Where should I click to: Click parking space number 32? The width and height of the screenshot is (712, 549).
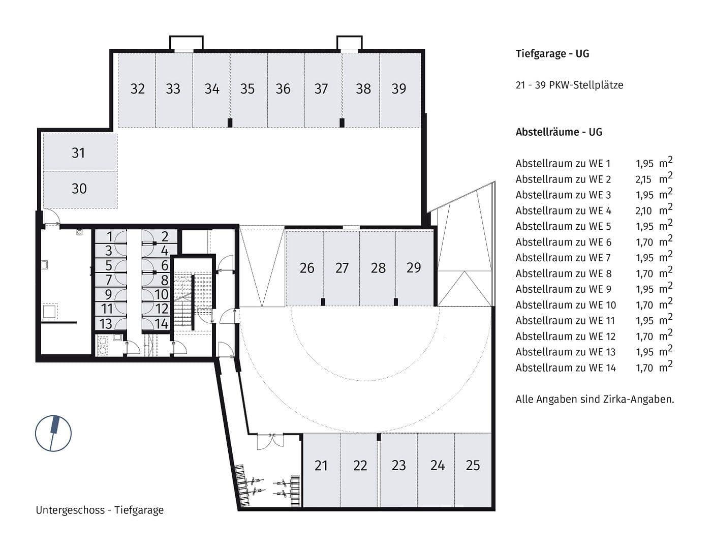coord(137,89)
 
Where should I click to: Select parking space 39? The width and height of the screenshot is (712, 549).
coord(399,89)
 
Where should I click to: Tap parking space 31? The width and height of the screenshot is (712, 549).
coord(79,153)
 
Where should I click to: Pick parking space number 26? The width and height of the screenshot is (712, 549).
coord(306,268)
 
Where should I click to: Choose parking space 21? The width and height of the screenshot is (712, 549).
coord(321,466)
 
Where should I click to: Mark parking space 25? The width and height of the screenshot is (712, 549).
coord(473,466)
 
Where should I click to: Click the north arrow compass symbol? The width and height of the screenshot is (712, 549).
coord(53,433)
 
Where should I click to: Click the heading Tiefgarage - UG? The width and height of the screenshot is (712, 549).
coord(552,54)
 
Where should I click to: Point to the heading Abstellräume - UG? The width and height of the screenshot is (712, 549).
coord(559,132)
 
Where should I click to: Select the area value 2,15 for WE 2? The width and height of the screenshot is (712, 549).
coord(644,179)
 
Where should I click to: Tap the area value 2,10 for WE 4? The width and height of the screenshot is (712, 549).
coord(644,211)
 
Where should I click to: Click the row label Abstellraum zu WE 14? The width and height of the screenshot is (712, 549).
coord(565,368)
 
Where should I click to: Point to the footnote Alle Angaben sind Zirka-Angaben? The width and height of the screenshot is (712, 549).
coord(595,400)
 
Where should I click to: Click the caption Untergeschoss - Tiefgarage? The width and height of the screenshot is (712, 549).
coord(100,510)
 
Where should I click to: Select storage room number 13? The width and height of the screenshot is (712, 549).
coord(106,324)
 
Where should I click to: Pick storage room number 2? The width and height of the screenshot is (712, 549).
coord(165,236)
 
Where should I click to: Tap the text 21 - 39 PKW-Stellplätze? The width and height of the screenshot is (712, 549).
coord(569,85)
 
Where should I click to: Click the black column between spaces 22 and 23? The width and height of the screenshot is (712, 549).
coord(378,437)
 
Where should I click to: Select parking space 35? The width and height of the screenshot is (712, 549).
coord(247,89)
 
